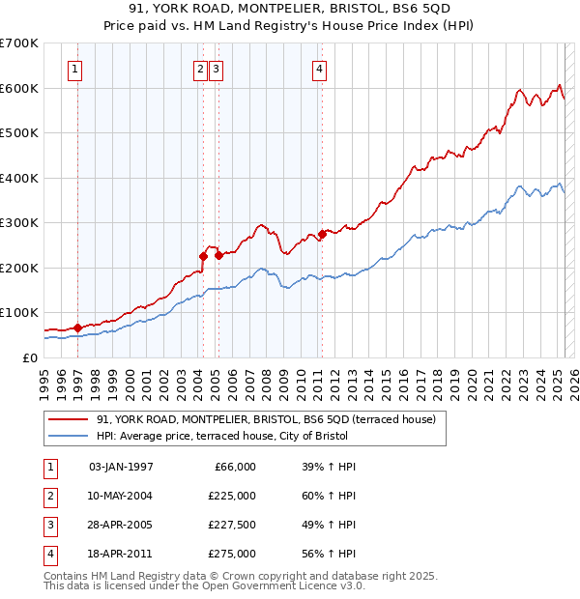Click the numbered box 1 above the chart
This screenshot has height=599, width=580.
click(75, 69)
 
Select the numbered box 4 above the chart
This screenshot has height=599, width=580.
click(318, 69)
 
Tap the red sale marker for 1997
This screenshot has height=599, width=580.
click(77, 328)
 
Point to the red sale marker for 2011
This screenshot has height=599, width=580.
click(322, 234)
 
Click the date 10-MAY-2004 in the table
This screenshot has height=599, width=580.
click(120, 496)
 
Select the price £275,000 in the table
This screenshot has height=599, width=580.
click(232, 554)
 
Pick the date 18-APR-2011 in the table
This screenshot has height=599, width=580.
click(120, 554)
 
